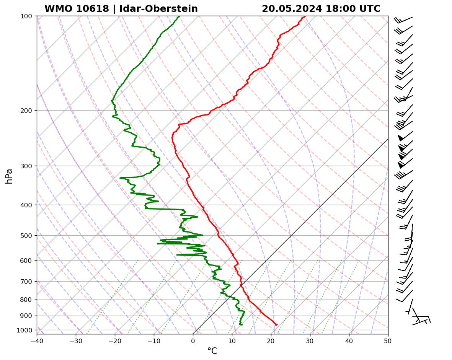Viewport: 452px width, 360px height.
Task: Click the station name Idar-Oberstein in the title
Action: coord(158,9)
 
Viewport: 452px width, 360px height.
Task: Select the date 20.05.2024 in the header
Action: coord(292,9)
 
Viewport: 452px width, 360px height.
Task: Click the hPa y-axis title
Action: coord(9,176)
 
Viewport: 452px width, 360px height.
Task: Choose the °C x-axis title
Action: coord(212,351)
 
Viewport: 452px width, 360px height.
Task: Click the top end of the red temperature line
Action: coord(305,16)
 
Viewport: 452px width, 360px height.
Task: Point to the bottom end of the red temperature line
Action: coord(277,325)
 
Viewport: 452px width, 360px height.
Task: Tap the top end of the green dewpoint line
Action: coord(179,16)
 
